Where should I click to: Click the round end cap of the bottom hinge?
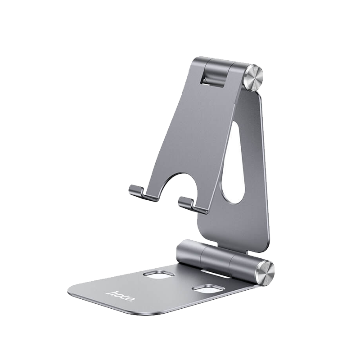tap(265, 272)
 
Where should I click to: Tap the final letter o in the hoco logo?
tap(129, 301)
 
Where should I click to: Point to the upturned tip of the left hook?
tap(131, 189)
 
